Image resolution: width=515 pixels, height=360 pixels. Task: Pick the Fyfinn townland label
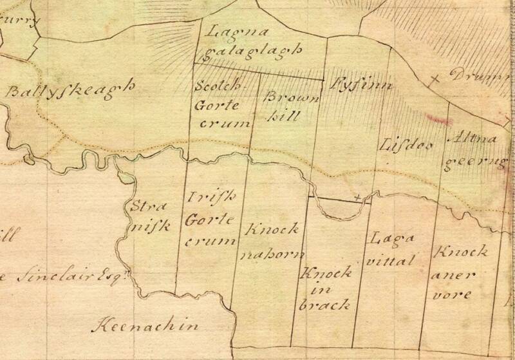[x=353, y=84]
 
